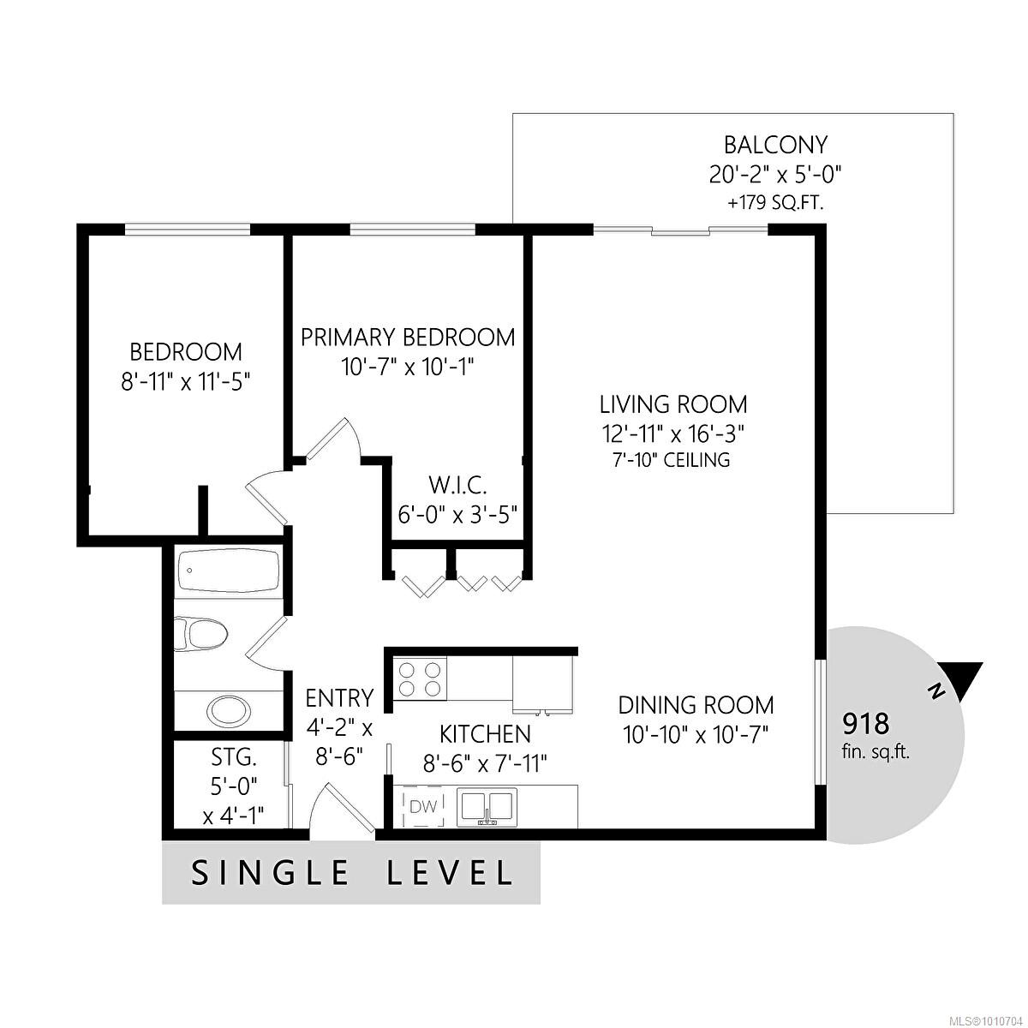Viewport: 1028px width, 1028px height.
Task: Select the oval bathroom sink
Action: click(228, 710)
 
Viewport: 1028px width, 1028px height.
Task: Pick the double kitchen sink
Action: click(486, 807)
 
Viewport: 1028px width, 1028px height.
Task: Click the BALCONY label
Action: click(775, 144)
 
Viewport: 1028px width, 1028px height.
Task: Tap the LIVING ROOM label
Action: click(672, 403)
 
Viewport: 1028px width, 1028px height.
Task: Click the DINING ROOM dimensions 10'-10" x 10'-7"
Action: click(696, 734)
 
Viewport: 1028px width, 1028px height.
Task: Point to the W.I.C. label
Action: click(457, 487)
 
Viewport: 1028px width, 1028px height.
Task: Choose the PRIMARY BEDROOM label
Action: click(408, 337)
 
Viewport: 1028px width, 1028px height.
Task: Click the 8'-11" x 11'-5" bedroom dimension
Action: click(186, 381)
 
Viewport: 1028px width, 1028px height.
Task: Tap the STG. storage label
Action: click(233, 757)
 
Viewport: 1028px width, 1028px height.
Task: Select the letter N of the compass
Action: click(936, 690)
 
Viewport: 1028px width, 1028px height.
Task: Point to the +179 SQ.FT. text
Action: click(775, 204)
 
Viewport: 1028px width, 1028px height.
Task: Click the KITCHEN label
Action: click(485, 734)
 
